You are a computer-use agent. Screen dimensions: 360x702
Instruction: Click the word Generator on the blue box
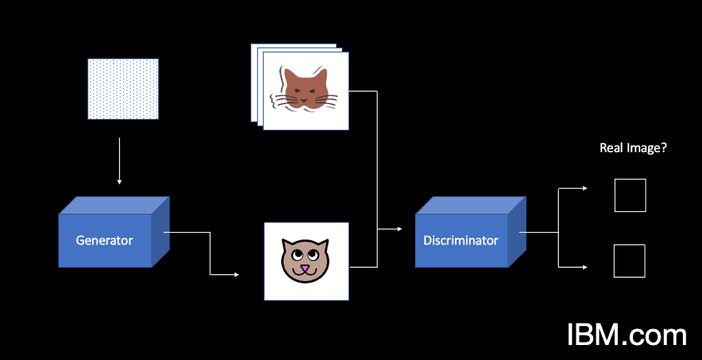point(104,241)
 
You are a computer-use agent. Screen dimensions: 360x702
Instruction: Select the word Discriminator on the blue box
point(461,241)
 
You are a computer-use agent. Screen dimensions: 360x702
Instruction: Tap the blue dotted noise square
point(123,87)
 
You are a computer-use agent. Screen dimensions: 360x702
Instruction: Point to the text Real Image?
point(634,148)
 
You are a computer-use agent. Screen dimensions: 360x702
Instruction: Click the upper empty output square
point(630,195)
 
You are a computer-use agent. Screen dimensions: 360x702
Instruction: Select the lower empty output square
point(630,261)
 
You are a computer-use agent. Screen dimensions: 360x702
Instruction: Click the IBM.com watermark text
point(627,334)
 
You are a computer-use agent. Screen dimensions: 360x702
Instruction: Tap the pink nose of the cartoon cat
point(305,268)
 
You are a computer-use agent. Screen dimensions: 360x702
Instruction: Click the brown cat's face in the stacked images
point(305,89)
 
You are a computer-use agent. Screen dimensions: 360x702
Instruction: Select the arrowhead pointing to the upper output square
point(588,188)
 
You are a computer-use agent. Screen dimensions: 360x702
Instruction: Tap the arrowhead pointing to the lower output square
point(588,267)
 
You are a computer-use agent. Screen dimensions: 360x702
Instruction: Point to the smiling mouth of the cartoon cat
point(305,274)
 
